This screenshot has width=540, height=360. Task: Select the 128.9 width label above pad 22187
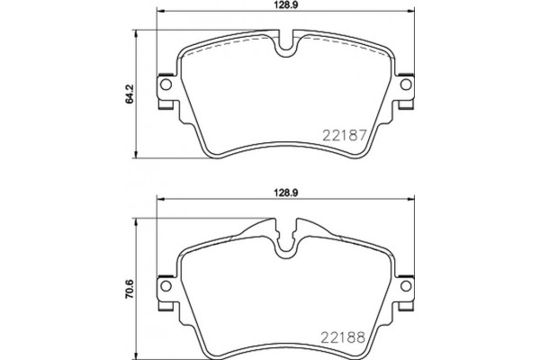[x=287, y=5]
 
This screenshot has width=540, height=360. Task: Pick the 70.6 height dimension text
[x=130, y=288]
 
